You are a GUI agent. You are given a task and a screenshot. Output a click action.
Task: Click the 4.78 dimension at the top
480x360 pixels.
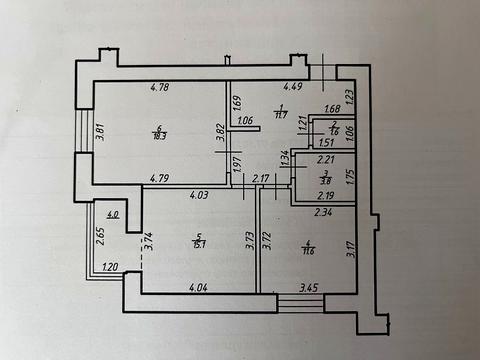click(x=158, y=87)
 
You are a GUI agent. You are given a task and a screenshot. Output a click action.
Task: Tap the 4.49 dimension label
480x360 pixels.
click(x=293, y=87)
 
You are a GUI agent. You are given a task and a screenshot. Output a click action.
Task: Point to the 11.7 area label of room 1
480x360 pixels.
click(x=283, y=112)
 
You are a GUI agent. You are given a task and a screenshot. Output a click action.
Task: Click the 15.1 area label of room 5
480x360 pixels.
click(x=200, y=244)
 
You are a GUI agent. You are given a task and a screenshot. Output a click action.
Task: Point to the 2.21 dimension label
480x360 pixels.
click(x=324, y=158)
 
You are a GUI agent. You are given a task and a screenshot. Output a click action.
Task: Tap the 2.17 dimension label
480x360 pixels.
click(x=261, y=179)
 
